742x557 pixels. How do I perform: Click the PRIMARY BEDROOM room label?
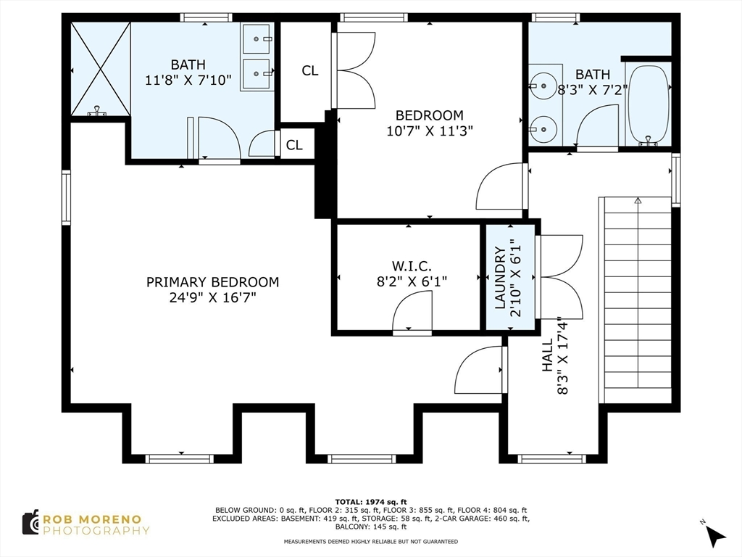tap(212, 282)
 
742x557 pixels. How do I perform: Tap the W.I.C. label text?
tap(411, 265)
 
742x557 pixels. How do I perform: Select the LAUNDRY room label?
tap(501, 278)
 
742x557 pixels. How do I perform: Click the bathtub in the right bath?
tap(647, 104)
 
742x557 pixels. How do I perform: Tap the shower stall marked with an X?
tap(101, 69)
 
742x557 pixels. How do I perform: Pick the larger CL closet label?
tap(309, 70)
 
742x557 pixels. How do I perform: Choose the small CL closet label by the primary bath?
tap(294, 145)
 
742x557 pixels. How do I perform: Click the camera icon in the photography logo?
tap(30, 522)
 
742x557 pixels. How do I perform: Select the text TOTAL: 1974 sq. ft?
tap(370, 502)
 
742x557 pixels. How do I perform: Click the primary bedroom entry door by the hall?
tap(480, 370)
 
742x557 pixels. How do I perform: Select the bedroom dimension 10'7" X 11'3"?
tap(429, 131)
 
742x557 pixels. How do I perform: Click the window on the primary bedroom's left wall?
tap(66, 197)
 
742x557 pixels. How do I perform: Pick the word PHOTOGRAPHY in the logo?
tap(96, 530)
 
